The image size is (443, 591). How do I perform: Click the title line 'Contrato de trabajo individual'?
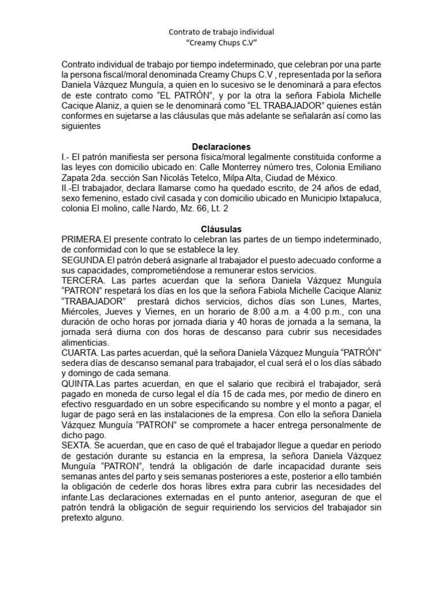[221, 32]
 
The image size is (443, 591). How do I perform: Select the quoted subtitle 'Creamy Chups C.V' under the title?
[221, 43]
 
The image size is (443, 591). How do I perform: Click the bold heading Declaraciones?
[221, 147]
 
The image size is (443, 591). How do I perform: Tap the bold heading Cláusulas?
[221, 229]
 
